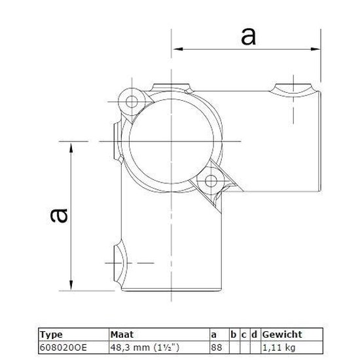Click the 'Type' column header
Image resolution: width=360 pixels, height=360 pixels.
[51, 334]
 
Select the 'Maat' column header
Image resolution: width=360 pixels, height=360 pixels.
[122, 334]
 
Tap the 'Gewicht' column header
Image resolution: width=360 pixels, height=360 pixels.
[282, 334]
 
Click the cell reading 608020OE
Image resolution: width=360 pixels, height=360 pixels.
[63, 348]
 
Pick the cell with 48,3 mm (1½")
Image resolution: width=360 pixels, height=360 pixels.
[145, 348]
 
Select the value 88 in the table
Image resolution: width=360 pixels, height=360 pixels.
[217, 348]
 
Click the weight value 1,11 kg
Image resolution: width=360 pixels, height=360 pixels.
[278, 348]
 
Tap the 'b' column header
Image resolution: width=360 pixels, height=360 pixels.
[233, 334]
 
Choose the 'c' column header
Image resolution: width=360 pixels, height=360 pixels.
[244, 335]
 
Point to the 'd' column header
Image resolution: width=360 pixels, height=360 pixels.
[254, 334]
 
